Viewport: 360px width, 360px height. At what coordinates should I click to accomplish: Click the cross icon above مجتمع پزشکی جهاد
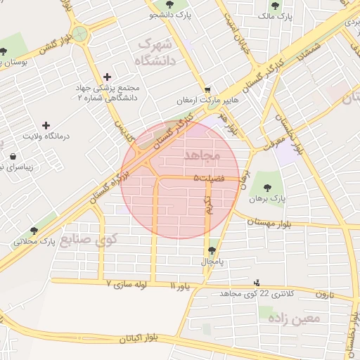click(x=107, y=77)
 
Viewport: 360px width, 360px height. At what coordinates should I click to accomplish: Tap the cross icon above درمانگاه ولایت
click(x=47, y=124)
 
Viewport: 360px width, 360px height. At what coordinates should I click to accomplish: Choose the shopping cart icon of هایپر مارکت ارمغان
click(x=207, y=90)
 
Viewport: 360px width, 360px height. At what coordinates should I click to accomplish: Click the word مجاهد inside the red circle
click(x=202, y=153)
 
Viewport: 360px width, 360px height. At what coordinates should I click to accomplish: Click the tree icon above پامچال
click(x=212, y=250)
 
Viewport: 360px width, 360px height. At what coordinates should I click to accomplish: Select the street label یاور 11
click(x=181, y=286)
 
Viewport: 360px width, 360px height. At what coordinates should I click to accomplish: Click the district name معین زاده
click(x=293, y=318)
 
